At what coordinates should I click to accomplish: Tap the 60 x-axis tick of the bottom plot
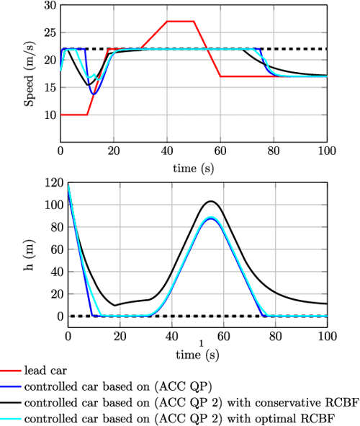pyautogui.click(x=223, y=337)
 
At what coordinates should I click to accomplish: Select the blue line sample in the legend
pyautogui.click(x=10, y=385)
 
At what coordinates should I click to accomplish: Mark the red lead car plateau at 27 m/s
pyautogui.click(x=180, y=22)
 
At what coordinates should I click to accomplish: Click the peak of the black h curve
pyautogui.click(x=210, y=201)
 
